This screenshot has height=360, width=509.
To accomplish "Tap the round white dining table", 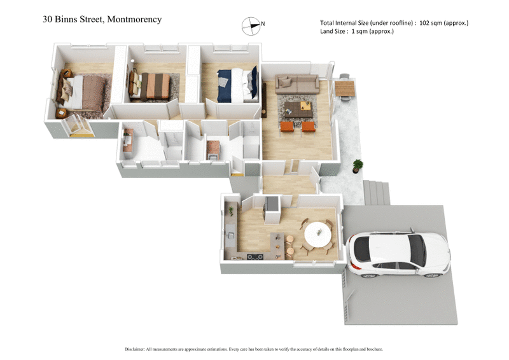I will (x=317, y=233).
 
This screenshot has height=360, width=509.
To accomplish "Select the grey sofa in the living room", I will (x=297, y=83).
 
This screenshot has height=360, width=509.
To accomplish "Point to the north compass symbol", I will (x=251, y=25).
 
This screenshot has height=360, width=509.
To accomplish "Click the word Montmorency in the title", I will (x=132, y=19).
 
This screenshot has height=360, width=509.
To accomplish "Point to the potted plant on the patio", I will (x=358, y=167).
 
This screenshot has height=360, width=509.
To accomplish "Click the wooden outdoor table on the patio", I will (x=344, y=88).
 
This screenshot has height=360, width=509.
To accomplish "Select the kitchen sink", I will (x=228, y=236).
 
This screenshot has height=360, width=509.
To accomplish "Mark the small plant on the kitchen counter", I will (x=231, y=210).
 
